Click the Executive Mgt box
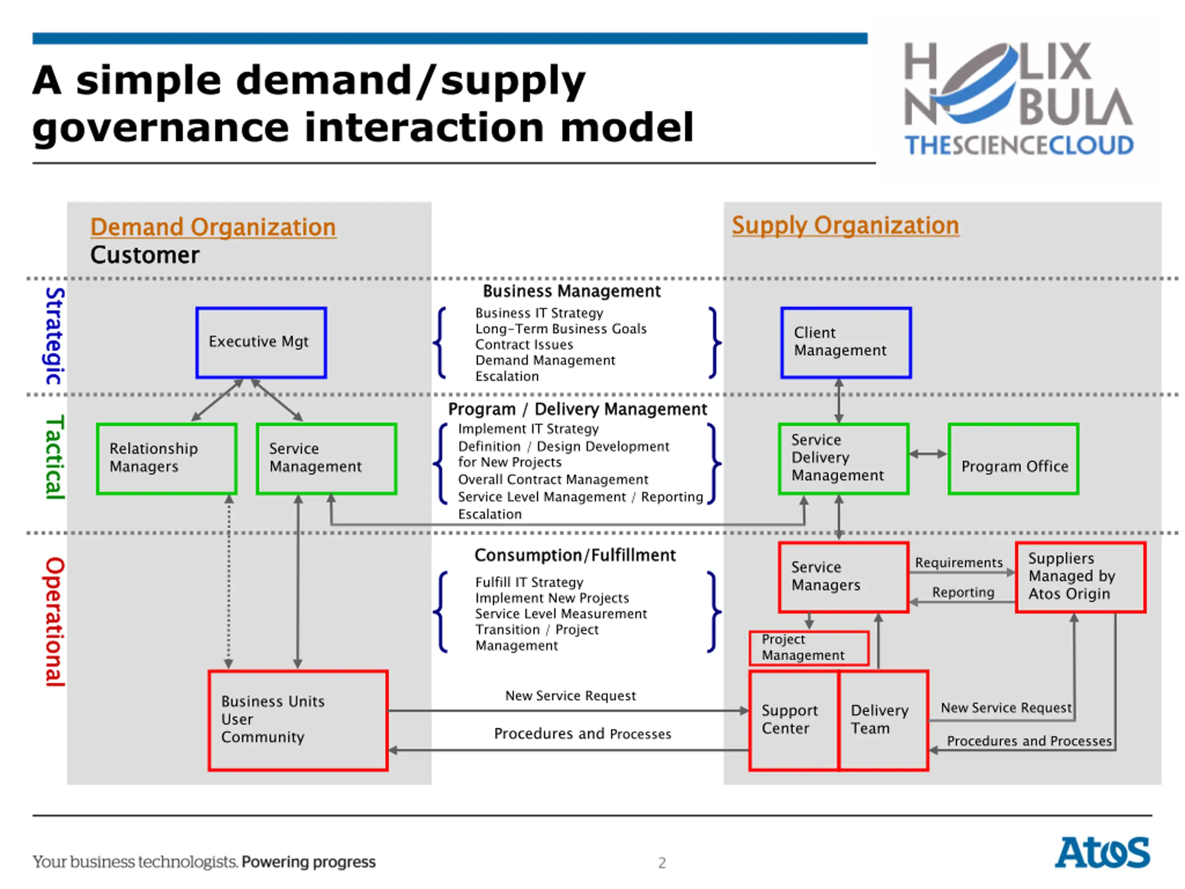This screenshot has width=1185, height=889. [261, 343]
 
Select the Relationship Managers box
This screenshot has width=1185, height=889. [167, 458]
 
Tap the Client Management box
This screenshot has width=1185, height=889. [845, 343]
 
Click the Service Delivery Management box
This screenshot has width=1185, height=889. [843, 458]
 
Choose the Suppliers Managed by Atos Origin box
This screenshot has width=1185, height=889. [1080, 576]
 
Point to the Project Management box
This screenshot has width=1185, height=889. [809, 648]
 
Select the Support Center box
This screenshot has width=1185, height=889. [793, 720]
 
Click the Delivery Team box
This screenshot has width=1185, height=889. [883, 720]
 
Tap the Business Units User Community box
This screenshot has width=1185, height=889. [298, 720]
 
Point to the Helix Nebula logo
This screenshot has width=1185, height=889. [1018, 99]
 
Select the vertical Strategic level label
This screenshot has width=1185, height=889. [55, 336]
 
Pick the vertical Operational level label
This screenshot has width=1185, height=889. [55, 621]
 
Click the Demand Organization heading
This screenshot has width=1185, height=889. [213, 227]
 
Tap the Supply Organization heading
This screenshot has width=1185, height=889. [845, 225]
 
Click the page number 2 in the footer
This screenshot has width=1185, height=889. [662, 863]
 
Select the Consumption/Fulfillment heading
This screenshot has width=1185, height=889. [575, 555]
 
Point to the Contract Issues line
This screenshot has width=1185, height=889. [524, 344]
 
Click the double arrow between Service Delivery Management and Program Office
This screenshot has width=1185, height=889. [928, 454]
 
